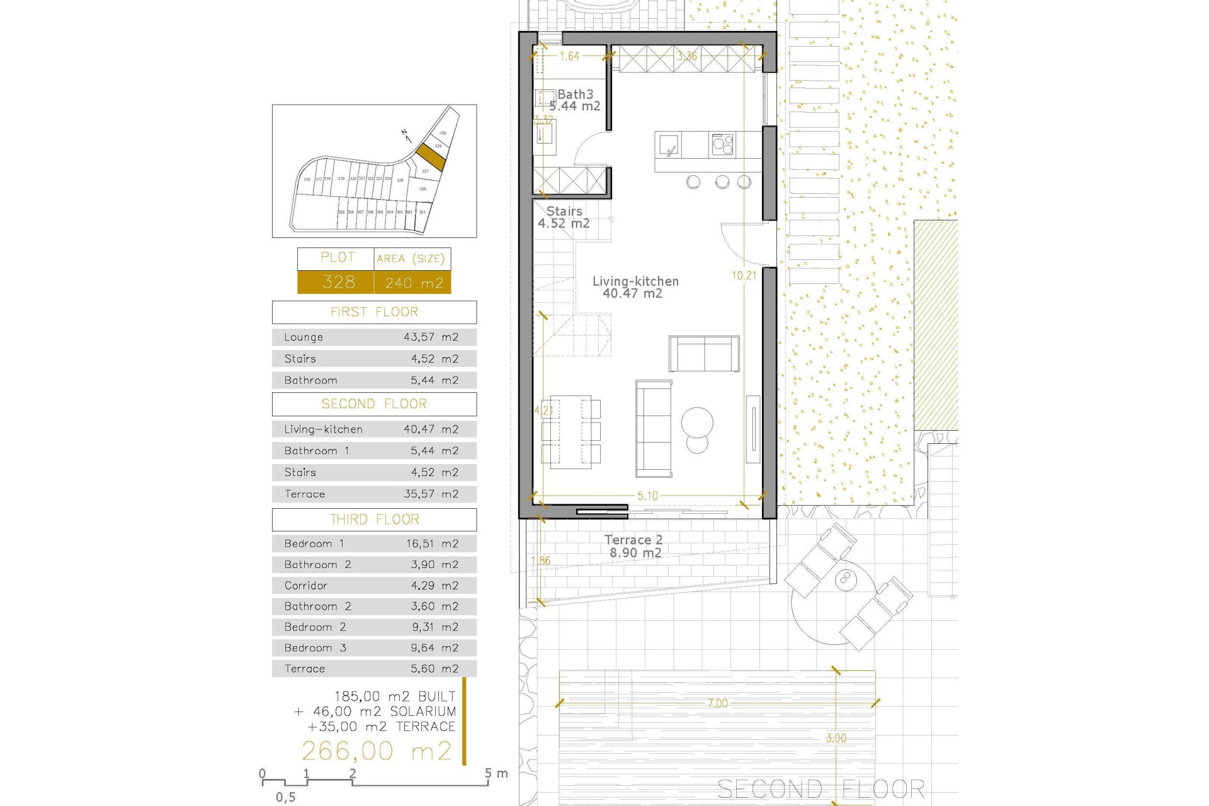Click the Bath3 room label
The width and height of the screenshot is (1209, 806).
pos(575,94)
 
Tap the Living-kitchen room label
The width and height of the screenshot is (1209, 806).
pos(635,281)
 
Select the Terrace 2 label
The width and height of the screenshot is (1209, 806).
pos(633,540)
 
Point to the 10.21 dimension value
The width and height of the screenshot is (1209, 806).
pos(744,275)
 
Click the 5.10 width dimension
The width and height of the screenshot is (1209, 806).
pos(647,496)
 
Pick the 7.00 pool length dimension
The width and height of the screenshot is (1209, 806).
pos(717,703)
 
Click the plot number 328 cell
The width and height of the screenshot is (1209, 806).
pos(338,282)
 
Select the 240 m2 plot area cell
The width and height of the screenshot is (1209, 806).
pos(414,283)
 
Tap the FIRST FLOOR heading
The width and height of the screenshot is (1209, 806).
pos(374,312)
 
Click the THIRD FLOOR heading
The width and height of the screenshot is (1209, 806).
pos(374,519)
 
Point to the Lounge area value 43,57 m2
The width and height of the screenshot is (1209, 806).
pos(431,338)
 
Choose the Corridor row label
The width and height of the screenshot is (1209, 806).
pos(306,586)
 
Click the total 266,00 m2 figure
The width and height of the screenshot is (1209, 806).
pos(377,751)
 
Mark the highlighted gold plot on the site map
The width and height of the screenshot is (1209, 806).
pos(431,157)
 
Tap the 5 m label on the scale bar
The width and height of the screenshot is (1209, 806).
pos(494,773)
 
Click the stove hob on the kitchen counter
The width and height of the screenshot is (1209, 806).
pos(722,145)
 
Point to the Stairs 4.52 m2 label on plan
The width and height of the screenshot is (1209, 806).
pos(564,217)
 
